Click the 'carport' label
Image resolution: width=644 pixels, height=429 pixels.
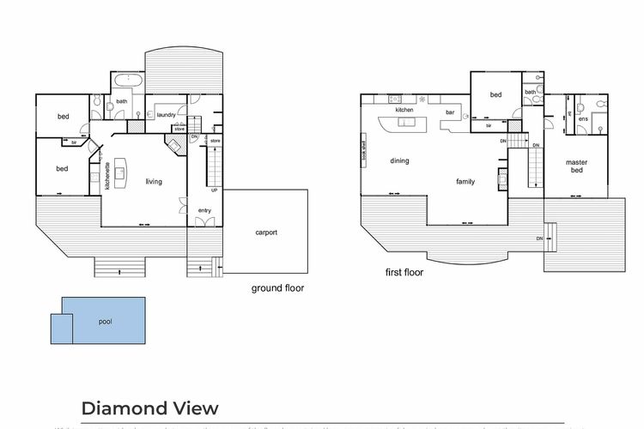(x=266, y=233)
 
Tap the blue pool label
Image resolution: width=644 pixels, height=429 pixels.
(x=105, y=322)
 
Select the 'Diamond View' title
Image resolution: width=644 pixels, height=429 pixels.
(x=149, y=408)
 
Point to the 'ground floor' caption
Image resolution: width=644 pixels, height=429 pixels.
(x=277, y=288)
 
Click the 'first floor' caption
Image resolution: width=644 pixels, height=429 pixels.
(x=404, y=273)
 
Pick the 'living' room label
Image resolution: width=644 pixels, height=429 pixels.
(x=154, y=181)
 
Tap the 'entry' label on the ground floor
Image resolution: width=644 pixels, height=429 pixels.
(x=204, y=210)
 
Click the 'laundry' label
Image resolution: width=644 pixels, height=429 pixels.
(x=167, y=114)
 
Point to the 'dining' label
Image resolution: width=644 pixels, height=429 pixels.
(x=399, y=160)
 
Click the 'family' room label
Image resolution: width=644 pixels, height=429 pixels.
(x=465, y=181)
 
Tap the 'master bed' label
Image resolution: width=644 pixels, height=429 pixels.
(x=576, y=166)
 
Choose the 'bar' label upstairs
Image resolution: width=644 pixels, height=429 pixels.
(x=449, y=112)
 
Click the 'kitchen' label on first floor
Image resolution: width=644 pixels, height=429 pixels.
(x=405, y=111)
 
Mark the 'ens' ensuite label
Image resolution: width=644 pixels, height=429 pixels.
(x=582, y=118)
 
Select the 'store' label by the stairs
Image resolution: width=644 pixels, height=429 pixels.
(x=216, y=140)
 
